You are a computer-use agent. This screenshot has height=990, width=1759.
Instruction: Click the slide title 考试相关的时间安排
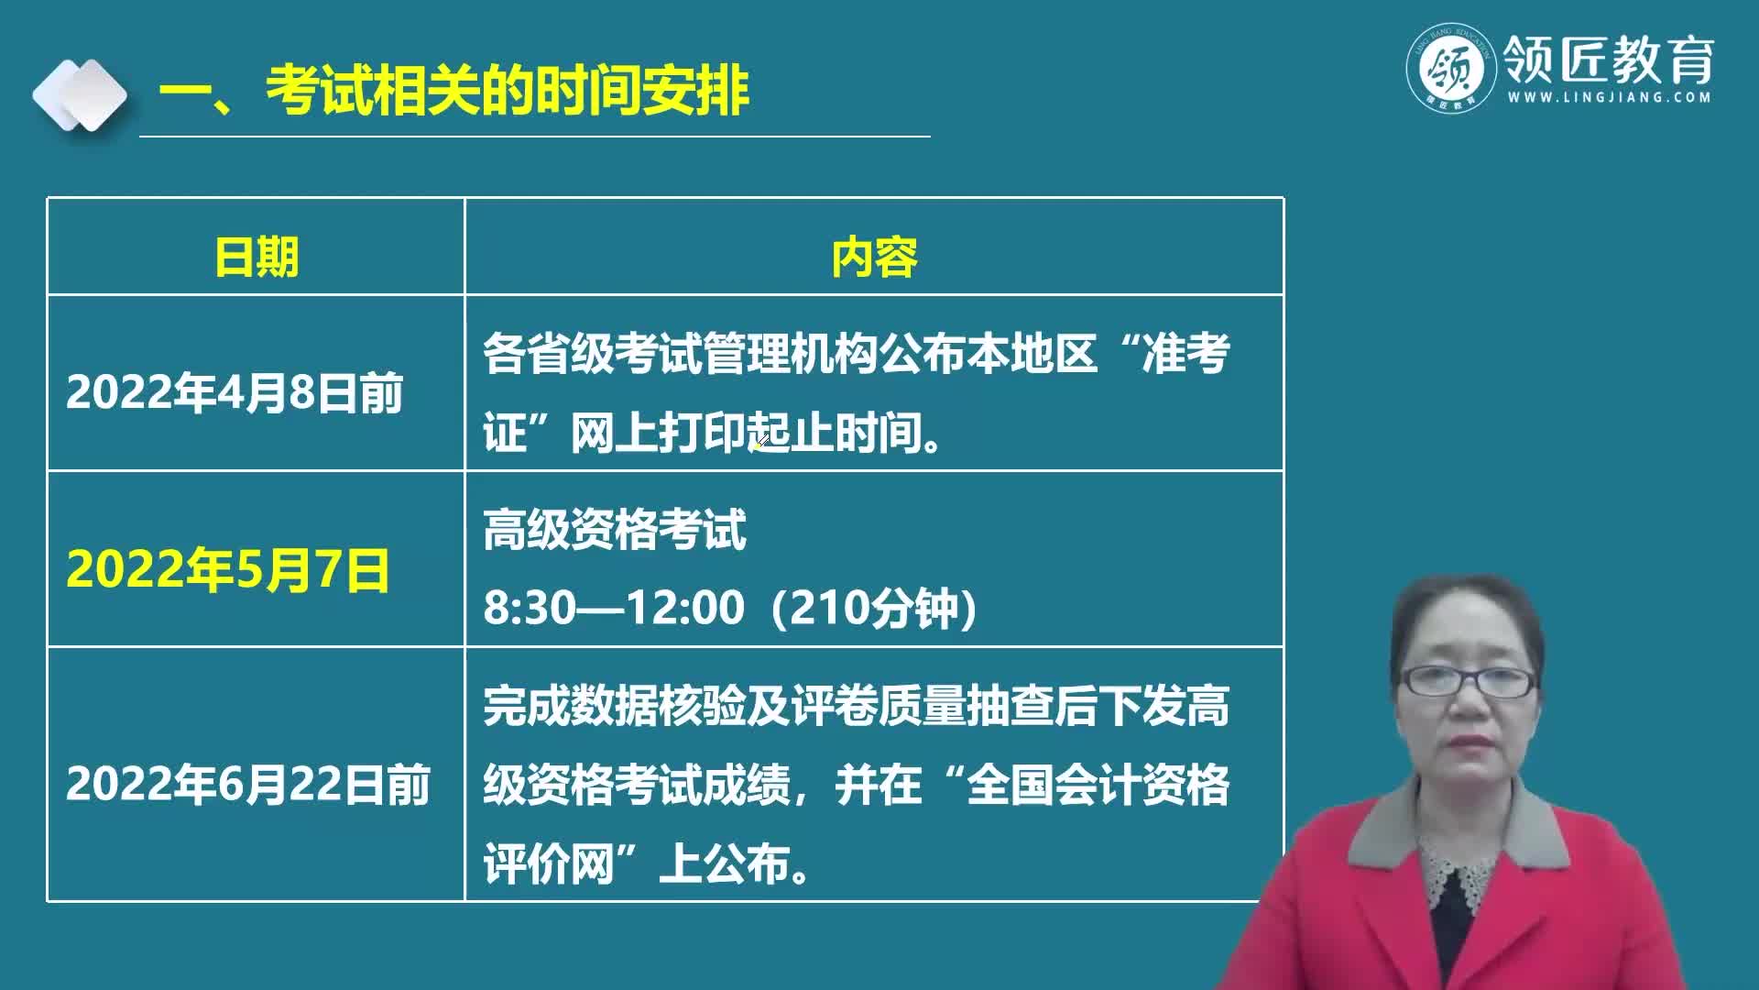click(508, 91)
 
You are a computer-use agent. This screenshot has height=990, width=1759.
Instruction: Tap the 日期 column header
click(257, 257)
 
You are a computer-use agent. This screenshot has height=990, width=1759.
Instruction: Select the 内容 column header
click(874, 257)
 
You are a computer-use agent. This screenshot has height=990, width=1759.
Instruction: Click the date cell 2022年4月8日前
click(235, 393)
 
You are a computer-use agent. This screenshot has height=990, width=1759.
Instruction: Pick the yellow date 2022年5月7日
click(228, 569)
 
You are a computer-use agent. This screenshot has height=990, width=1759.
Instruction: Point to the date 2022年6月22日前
click(247, 785)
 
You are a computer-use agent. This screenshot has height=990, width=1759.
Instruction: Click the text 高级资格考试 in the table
click(615, 530)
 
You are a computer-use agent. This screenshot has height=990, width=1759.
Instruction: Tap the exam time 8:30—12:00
click(614, 608)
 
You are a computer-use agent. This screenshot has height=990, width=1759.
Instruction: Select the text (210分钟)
click(875, 608)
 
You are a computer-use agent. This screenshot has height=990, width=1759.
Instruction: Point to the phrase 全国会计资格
click(1098, 785)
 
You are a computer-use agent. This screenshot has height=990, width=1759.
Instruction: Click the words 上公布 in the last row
click(724, 863)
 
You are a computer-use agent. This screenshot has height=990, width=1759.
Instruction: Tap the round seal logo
click(1451, 69)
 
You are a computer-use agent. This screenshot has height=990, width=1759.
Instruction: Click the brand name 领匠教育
click(1609, 59)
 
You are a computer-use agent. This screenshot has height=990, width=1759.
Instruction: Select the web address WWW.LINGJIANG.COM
click(1609, 97)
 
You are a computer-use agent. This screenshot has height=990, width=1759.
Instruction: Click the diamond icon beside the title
click(80, 95)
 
